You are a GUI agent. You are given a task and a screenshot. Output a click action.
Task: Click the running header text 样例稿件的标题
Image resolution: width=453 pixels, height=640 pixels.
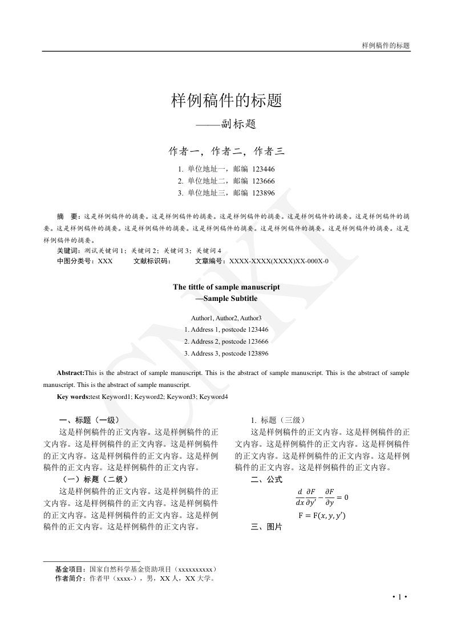[386, 45]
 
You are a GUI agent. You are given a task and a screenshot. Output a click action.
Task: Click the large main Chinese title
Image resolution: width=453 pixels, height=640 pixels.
[226, 101]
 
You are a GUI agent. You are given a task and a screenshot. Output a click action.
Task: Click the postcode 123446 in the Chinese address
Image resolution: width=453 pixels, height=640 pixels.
[264, 169]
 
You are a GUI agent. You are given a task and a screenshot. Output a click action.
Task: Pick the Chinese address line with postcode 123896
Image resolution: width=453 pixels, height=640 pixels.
[226, 193]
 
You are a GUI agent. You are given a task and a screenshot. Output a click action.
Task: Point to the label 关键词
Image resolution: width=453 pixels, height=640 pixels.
[68, 250]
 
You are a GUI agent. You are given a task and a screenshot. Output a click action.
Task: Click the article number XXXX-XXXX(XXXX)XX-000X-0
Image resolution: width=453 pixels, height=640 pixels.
[278, 261]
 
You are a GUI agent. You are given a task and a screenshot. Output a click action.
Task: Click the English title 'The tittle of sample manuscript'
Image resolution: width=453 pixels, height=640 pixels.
[226, 287]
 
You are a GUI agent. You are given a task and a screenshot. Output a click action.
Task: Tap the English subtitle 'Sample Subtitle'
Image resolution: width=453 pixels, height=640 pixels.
[229, 298]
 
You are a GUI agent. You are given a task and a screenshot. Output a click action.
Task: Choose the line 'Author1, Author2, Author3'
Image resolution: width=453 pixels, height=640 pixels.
[226, 317]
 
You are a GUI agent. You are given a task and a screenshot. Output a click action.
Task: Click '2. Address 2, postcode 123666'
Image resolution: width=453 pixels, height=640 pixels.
[226, 341]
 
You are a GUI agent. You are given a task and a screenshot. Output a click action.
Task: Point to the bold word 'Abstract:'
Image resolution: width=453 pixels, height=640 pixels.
[70, 373]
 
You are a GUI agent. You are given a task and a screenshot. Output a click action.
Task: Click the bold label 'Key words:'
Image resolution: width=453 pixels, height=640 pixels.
[73, 397]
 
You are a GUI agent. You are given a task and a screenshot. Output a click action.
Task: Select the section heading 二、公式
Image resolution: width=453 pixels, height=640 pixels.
[266, 480]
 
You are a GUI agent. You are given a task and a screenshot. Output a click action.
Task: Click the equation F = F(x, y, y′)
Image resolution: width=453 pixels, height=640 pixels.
[322, 516]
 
